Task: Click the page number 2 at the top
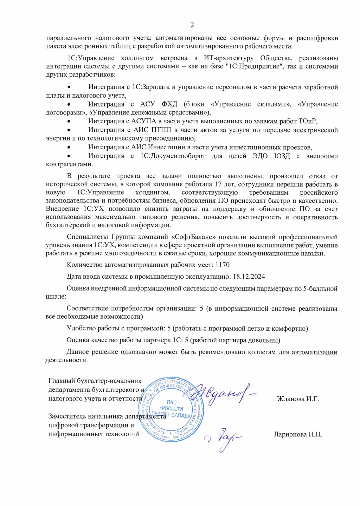tap(192, 25)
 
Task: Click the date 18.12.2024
tap(249, 277)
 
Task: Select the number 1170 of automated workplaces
tap(222, 265)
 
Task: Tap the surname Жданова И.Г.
tap(298, 399)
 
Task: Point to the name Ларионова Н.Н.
tap(298, 434)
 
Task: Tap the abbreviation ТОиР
tap(307, 121)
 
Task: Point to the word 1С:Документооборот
tap(173, 156)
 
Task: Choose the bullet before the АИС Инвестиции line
tap(69, 147)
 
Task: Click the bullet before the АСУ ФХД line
tap(69, 104)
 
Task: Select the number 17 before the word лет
tap(218, 184)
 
